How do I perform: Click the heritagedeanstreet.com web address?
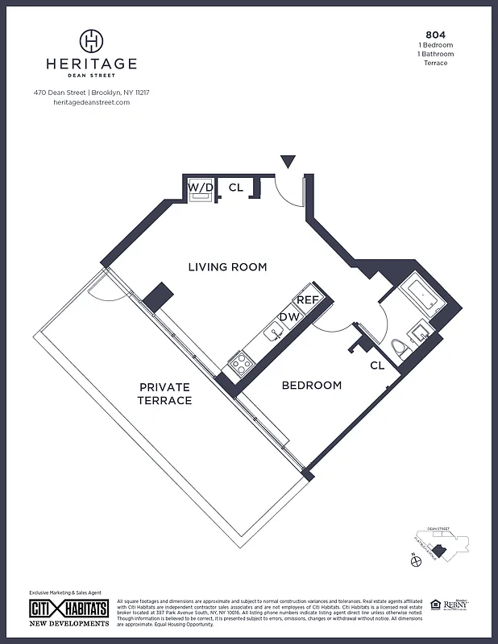pyautogui.click(x=91, y=102)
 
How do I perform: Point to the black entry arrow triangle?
pyautogui.click(x=288, y=162)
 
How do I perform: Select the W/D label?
pyautogui.click(x=201, y=188)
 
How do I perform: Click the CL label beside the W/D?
pyautogui.click(x=236, y=188)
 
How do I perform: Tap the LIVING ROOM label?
pyautogui.click(x=227, y=267)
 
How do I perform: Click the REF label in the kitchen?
pyautogui.click(x=307, y=299)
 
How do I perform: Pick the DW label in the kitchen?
pyautogui.click(x=288, y=316)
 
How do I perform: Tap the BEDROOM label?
pyautogui.click(x=311, y=386)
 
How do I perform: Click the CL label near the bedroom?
pyautogui.click(x=377, y=365)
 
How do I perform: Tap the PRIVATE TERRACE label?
pyautogui.click(x=164, y=394)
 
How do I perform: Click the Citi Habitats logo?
pyautogui.click(x=69, y=609)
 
